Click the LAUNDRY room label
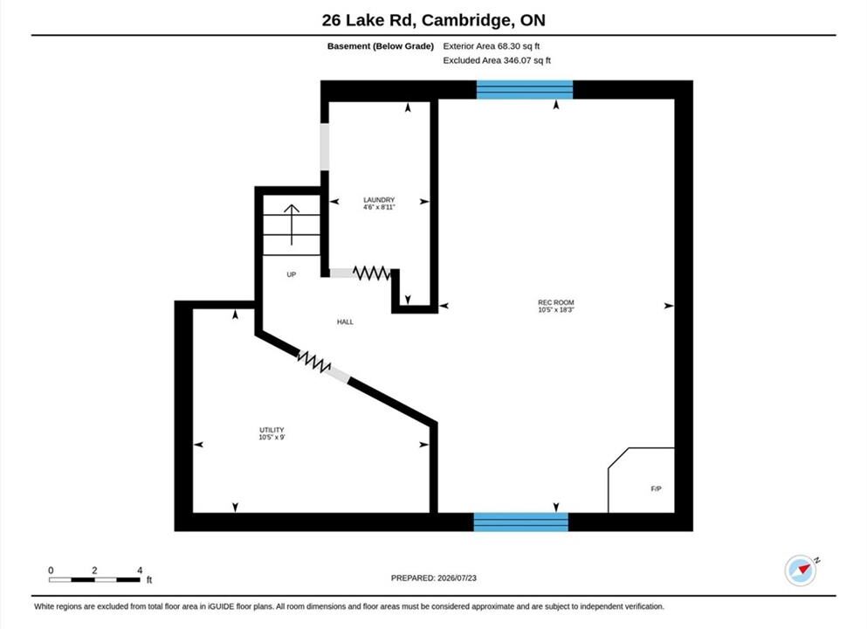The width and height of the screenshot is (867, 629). coord(379,200)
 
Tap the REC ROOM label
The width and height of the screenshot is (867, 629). coord(555,302)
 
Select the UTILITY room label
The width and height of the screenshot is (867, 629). coord(272,430)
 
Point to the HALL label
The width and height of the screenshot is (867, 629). coord(345,322)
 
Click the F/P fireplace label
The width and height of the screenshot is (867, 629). coord(656,489)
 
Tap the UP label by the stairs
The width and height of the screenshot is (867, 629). coord(292,274)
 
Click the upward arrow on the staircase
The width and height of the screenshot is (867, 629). coord(292,225)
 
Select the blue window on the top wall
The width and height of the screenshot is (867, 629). coord(524,90)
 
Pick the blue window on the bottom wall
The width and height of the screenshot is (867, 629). coord(521,522)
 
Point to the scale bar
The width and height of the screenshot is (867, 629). coord(94,579)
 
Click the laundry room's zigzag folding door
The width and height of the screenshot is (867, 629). coord(372,273)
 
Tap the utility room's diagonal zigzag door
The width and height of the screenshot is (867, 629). coord(314,362)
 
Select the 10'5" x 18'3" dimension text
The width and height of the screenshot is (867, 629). coord(555,310)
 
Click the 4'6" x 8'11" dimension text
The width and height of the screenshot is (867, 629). coord(379,207)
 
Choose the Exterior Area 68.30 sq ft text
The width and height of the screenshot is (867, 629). coord(491,46)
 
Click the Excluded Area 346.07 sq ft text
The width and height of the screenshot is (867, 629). coord(497,60)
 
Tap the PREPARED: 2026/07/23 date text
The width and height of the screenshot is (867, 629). coord(433,578)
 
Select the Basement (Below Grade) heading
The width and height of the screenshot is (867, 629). coord(381,46)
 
